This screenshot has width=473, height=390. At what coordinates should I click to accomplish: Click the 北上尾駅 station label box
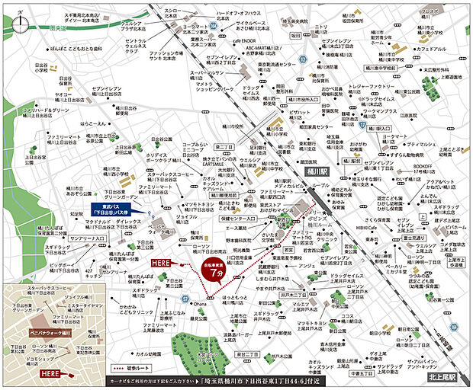click(x=440, y=377)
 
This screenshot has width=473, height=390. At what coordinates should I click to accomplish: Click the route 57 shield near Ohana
click(x=185, y=298)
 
